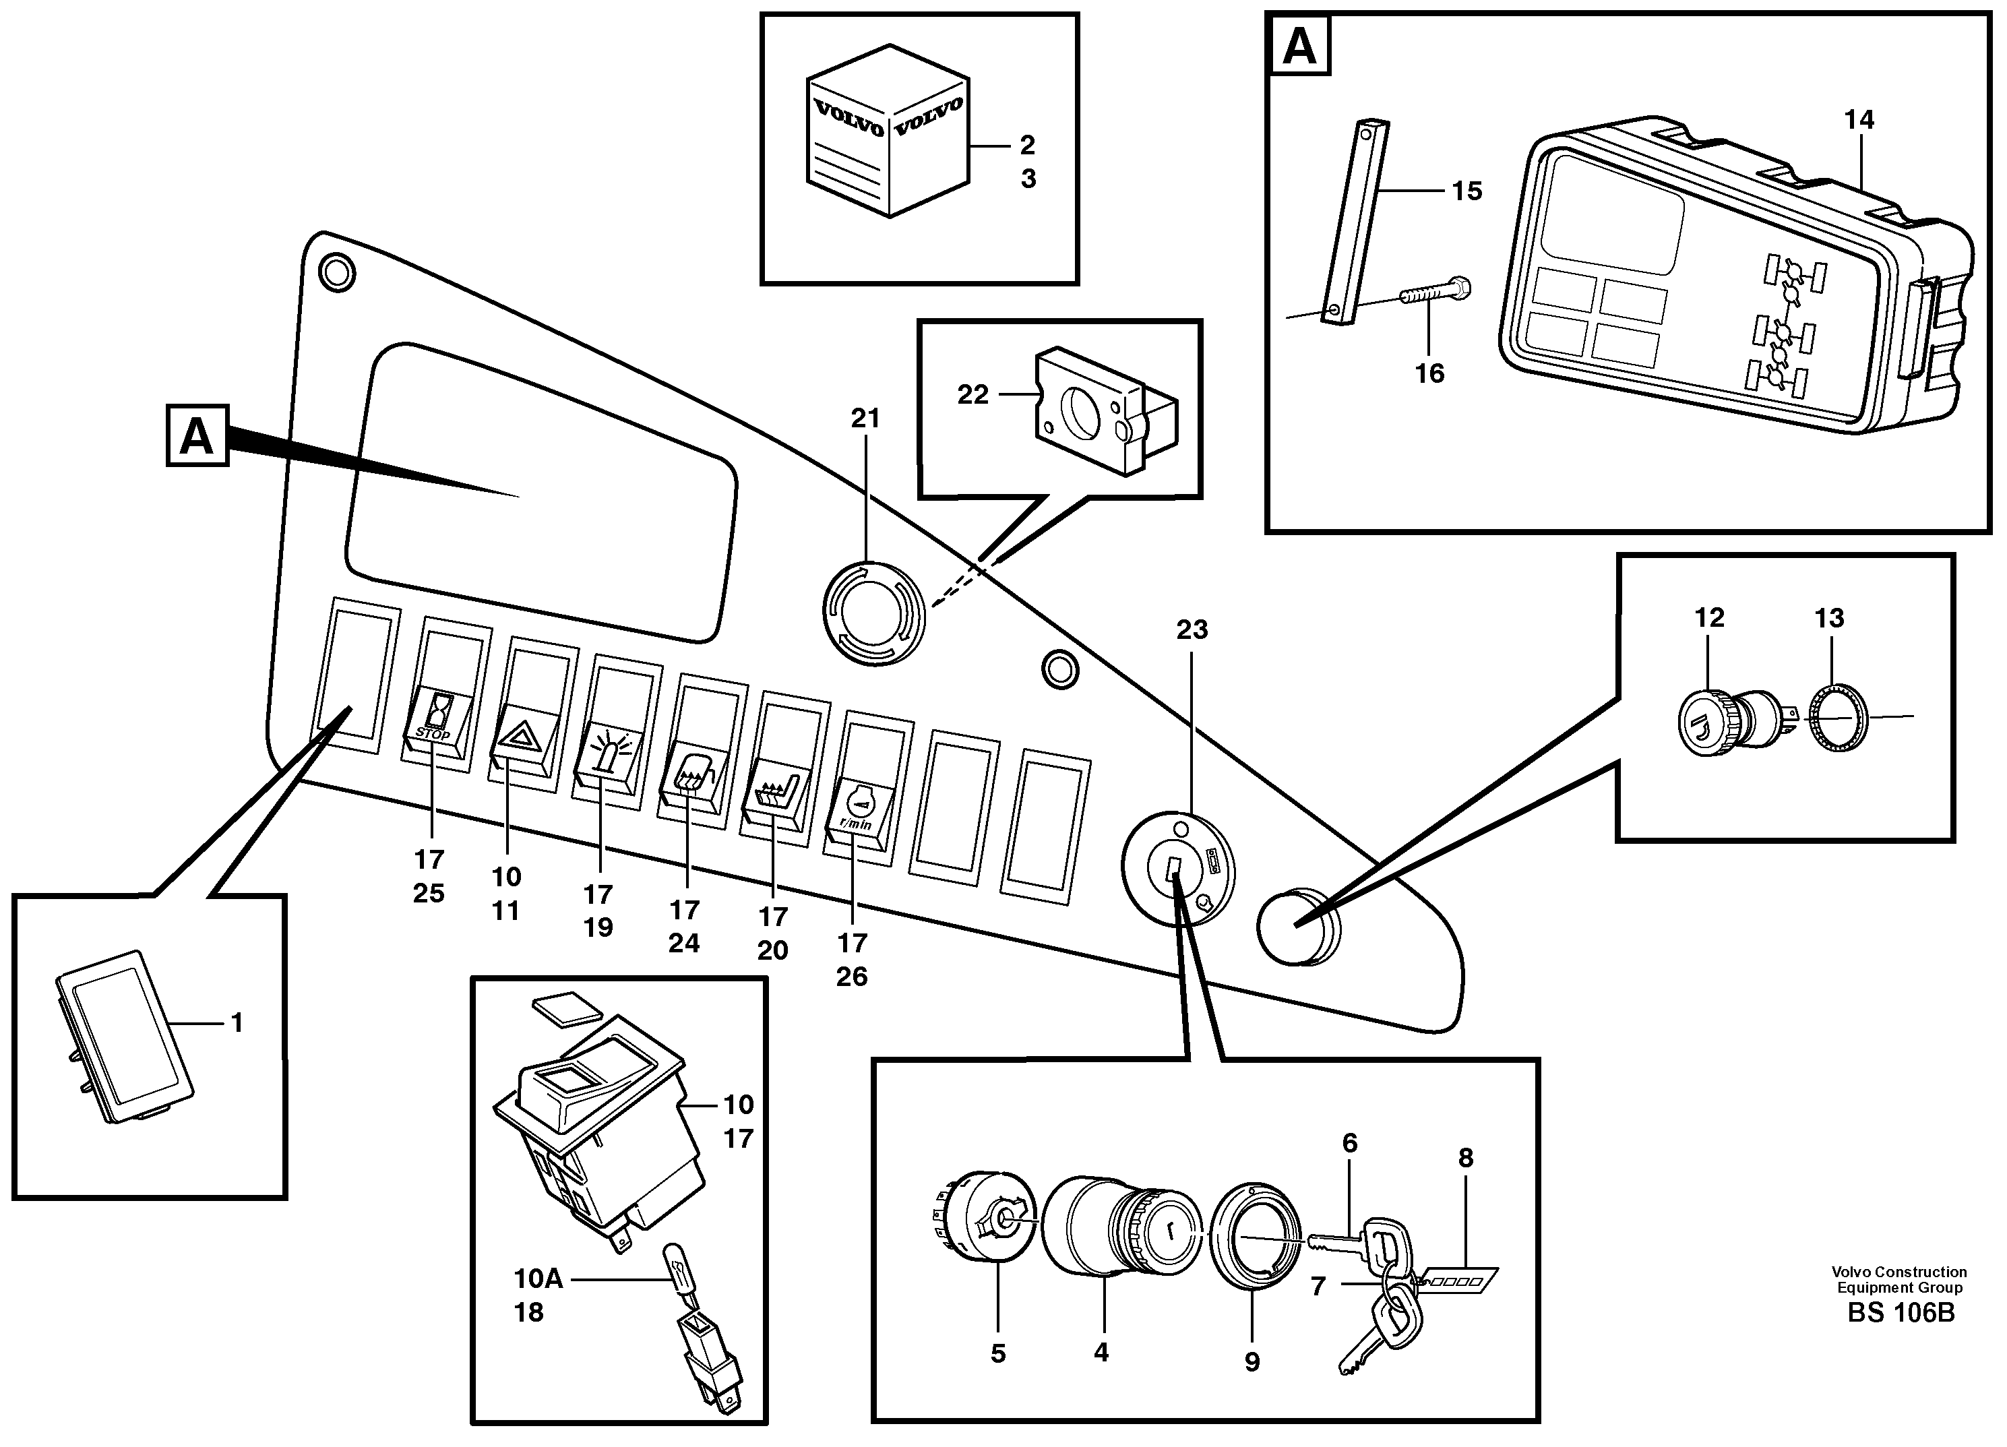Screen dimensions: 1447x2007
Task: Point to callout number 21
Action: pos(865,419)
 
